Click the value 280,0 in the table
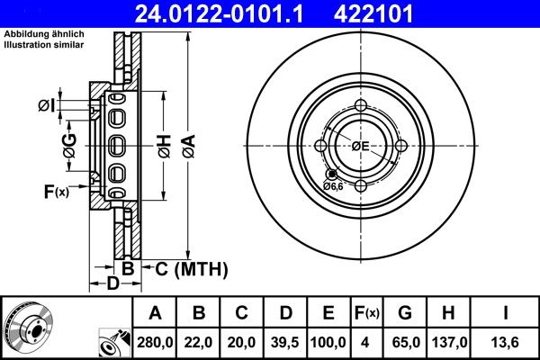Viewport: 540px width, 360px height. (155, 342)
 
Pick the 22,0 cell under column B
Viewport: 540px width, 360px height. (199, 342)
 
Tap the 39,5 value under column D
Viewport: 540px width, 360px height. (284, 342)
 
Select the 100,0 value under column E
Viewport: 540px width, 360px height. (328, 342)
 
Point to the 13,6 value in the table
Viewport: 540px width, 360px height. (507, 342)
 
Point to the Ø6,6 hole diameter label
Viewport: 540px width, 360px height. (333, 185)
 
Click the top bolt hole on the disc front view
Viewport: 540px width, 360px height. (361, 106)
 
